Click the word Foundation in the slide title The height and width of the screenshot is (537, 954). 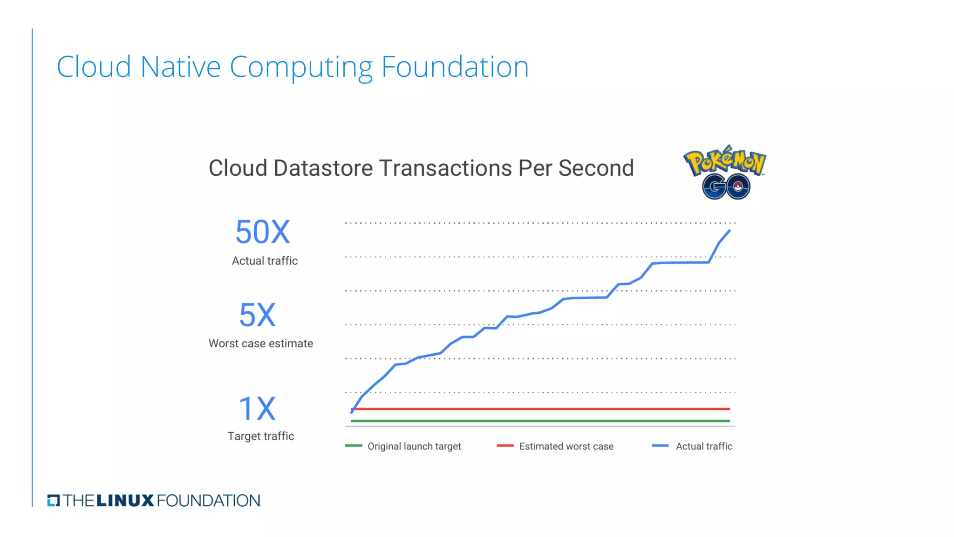pos(455,67)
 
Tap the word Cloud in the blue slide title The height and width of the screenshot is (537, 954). pos(94,67)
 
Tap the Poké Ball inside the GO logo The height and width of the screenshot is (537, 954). pos(738,187)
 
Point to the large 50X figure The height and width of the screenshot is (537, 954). pos(263,232)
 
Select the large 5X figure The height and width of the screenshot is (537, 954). pos(258,315)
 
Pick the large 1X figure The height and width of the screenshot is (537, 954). pos(257,409)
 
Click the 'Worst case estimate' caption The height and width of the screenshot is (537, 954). pos(261,344)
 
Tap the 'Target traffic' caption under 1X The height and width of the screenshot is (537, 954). pos(261,436)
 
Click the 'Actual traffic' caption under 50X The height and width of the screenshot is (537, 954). pos(265,261)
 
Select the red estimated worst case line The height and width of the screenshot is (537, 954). pos(540,409)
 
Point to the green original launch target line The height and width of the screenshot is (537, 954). pos(540,421)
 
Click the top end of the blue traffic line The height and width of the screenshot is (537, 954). pos(729,231)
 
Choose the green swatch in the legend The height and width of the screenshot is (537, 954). pos(354,446)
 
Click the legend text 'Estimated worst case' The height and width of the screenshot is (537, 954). pos(566,447)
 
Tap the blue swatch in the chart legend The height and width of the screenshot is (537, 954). pos(660,446)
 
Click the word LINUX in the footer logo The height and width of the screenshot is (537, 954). pos(125,501)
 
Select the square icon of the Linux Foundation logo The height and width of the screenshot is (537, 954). pos(54,501)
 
